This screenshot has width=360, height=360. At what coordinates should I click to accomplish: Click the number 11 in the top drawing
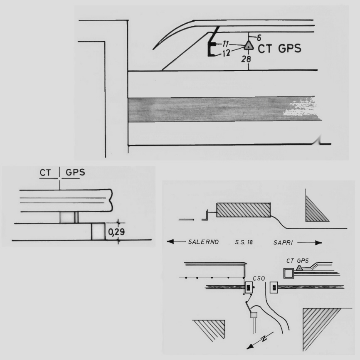(225, 44)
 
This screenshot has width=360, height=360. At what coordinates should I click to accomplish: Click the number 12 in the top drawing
(226, 53)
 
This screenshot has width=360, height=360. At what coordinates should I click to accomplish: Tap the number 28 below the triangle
(246, 59)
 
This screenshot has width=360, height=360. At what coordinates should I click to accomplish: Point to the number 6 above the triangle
(259, 38)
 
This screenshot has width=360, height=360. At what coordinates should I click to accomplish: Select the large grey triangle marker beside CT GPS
(249, 45)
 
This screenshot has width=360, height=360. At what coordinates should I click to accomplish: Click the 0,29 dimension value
(116, 232)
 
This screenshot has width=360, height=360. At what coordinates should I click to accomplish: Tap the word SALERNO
(203, 242)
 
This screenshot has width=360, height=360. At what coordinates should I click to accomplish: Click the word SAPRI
(283, 243)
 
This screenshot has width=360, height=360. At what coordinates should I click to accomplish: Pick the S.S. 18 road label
(244, 242)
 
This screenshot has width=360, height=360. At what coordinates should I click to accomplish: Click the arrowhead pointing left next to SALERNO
(170, 242)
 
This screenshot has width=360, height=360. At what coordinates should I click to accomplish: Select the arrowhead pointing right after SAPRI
(319, 243)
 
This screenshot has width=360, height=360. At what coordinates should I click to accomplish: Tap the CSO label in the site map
(259, 279)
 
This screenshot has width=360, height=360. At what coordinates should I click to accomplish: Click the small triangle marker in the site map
(299, 268)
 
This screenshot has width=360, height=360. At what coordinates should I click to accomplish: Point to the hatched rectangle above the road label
(244, 210)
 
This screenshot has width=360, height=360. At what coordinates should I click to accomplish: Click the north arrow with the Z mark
(260, 340)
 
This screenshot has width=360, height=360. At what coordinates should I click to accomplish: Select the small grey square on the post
(254, 315)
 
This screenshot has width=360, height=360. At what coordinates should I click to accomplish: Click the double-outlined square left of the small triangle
(288, 274)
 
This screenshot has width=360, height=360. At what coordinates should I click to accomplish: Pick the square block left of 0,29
(98, 232)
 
